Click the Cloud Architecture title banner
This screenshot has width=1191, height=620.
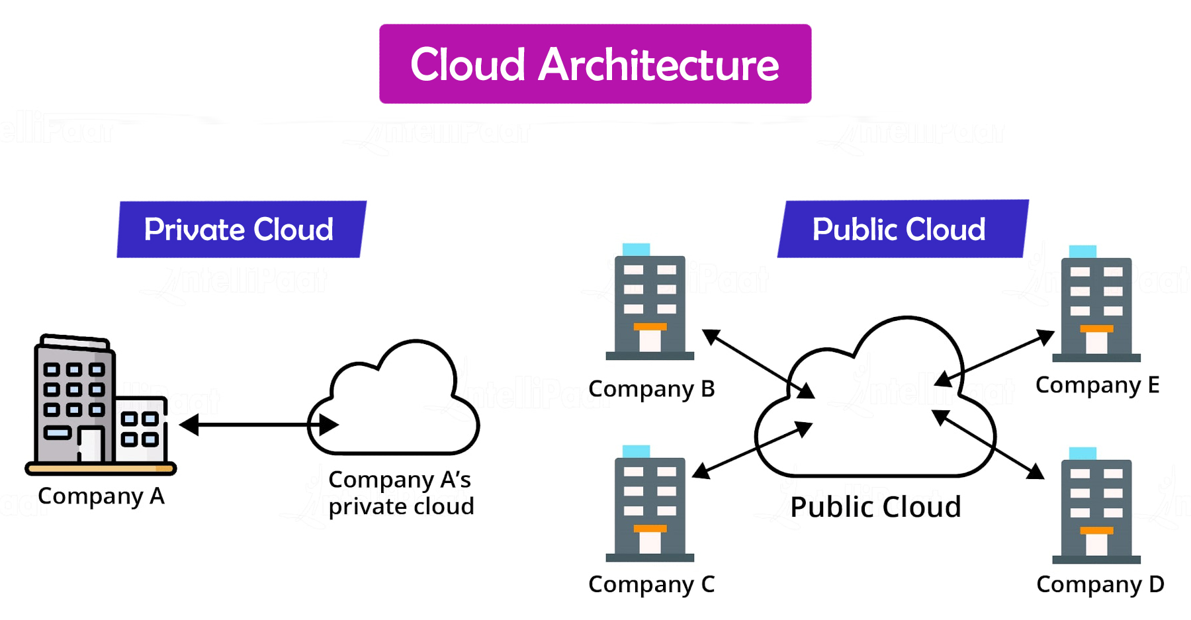tap(595, 64)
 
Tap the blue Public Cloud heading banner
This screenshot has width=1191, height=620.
tap(902, 230)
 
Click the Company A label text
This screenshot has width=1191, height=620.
tap(101, 496)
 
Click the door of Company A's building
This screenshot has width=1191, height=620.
tap(91, 444)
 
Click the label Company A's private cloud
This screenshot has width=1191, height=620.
tap(401, 493)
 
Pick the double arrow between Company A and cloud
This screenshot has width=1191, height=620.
tap(258, 425)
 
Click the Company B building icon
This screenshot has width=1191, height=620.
tap(650, 304)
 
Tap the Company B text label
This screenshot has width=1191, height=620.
tap(651, 389)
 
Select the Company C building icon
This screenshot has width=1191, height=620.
tap(650, 506)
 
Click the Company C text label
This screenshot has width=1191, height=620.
tap(651, 585)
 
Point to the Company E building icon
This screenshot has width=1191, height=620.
tap(1096, 306)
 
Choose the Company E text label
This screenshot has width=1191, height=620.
tap(1097, 385)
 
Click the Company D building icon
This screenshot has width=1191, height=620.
tap(1096, 508)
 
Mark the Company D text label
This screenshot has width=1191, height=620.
tap(1100, 585)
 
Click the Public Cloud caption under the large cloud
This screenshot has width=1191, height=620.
tap(875, 508)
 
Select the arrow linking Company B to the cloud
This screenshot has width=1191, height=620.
tap(758, 363)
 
